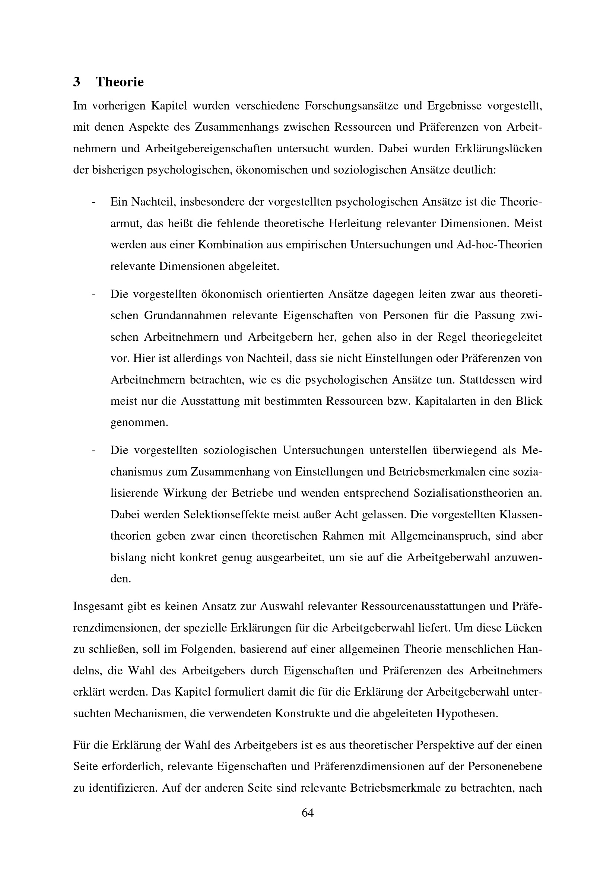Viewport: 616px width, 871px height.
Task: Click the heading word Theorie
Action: pyautogui.click(x=120, y=82)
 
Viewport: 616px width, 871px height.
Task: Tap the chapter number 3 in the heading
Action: pyautogui.click(x=77, y=82)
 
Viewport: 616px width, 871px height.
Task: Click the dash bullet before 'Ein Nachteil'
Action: pyautogui.click(x=93, y=202)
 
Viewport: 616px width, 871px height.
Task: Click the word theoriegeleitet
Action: pyautogui.click(x=507, y=337)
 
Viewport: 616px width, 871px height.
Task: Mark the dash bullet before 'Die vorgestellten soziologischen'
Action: pyautogui.click(x=93, y=450)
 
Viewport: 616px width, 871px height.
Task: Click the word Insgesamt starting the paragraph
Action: pyautogui.click(x=97, y=606)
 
